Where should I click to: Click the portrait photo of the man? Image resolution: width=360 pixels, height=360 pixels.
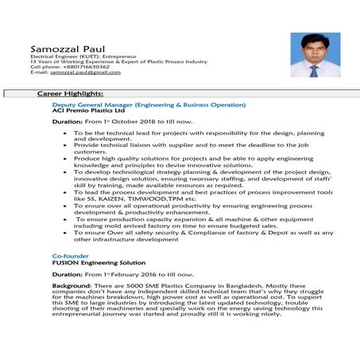315,55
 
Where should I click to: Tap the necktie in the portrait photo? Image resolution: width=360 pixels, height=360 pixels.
314,70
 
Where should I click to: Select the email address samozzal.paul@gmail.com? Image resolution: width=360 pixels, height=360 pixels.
85,72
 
